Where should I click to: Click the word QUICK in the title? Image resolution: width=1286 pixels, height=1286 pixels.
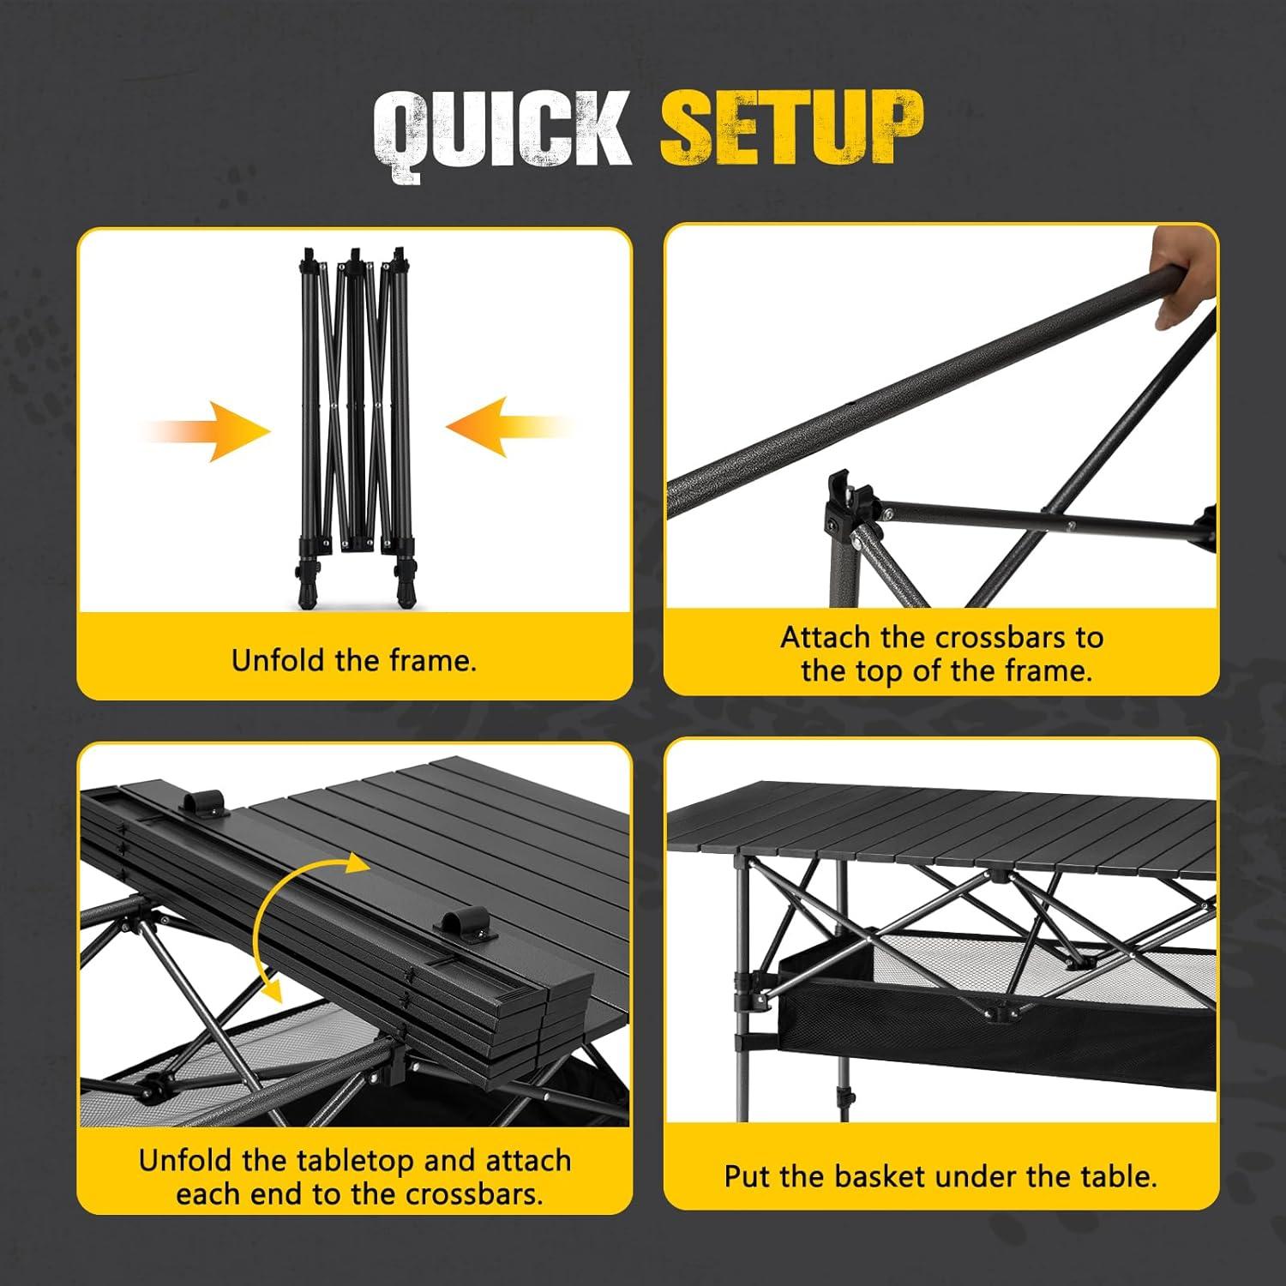coord(502,133)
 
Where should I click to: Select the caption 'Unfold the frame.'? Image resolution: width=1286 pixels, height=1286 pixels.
coord(354,660)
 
